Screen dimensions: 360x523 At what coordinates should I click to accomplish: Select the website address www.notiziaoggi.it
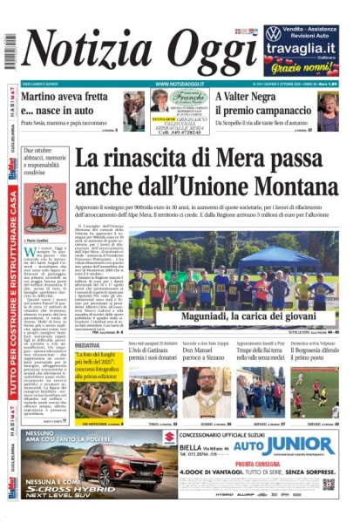coord(180,85)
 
